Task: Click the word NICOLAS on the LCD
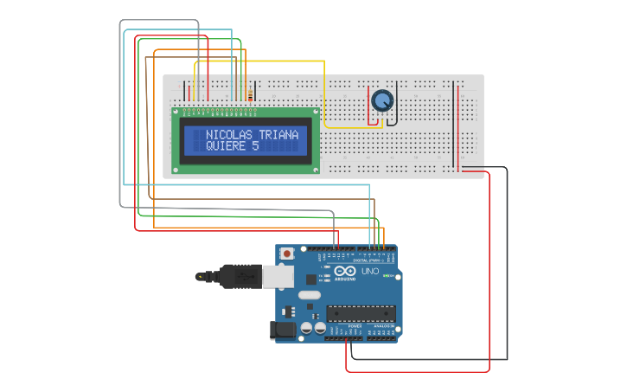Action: (x=229, y=135)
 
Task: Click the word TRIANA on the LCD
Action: (x=278, y=135)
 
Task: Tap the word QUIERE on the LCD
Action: (x=226, y=146)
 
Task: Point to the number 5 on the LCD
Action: (x=255, y=146)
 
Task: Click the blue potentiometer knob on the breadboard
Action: (x=381, y=101)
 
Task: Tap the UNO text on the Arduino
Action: (x=370, y=272)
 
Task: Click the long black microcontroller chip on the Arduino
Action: (x=361, y=313)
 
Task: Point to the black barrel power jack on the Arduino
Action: (x=284, y=330)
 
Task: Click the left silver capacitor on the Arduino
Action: (x=306, y=329)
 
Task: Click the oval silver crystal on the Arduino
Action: (x=309, y=295)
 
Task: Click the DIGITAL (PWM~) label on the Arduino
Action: (x=368, y=260)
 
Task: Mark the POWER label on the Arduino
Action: (x=343, y=325)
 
